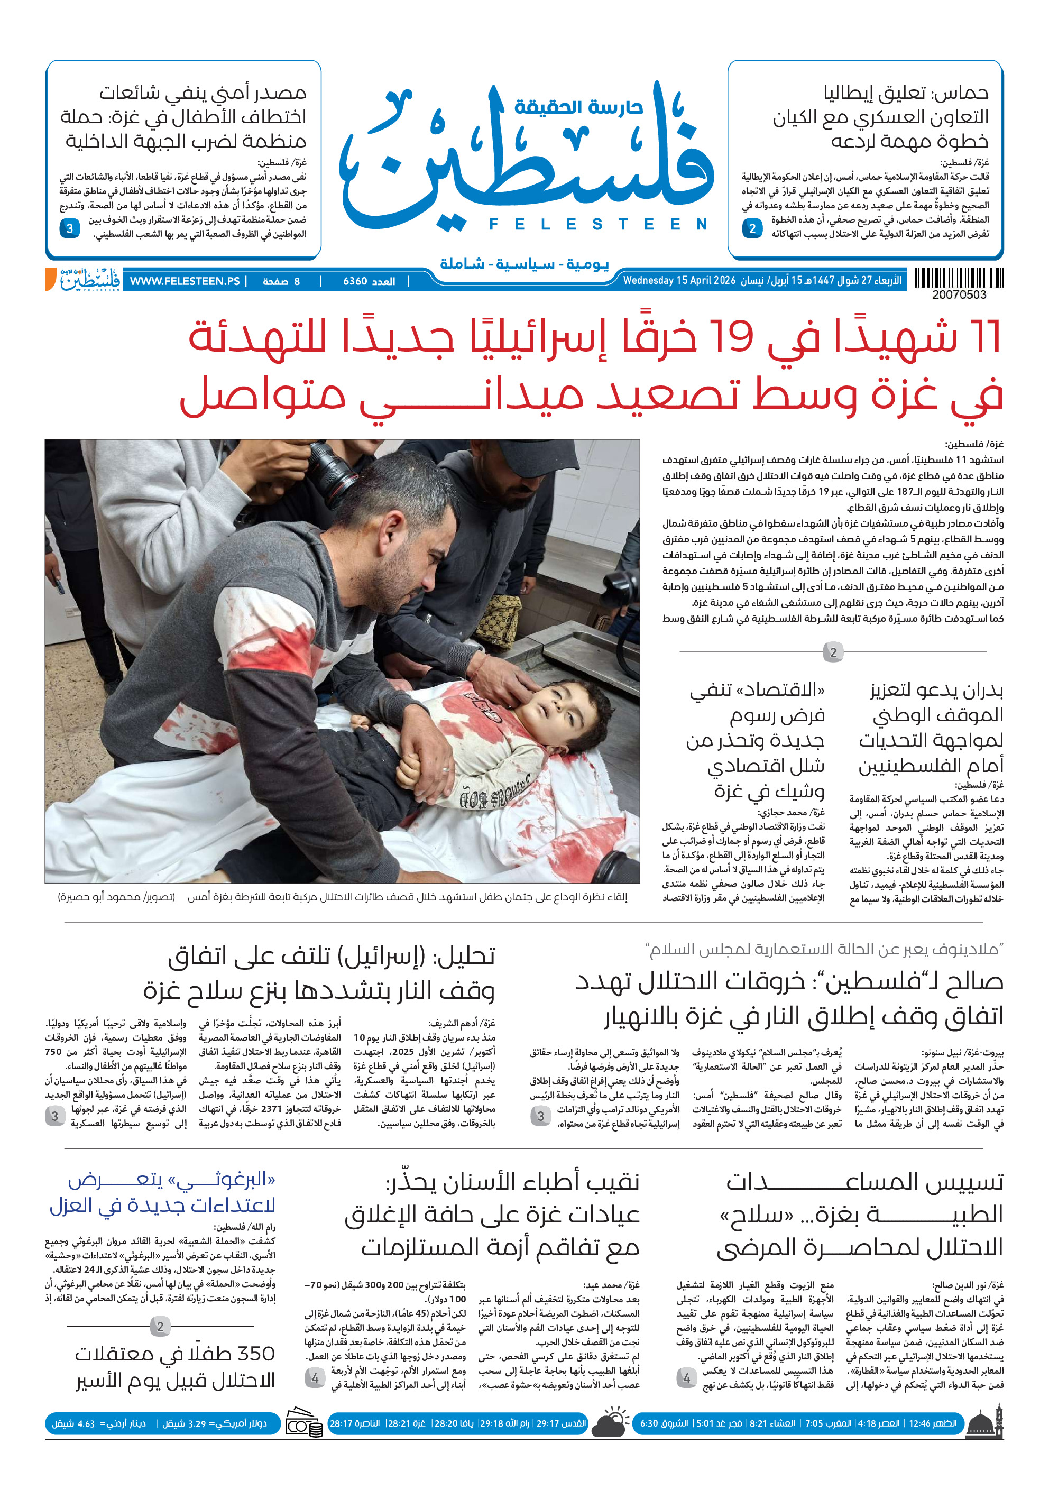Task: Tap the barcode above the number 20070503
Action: [958, 278]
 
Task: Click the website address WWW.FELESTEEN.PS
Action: [185, 281]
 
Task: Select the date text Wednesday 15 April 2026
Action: [679, 281]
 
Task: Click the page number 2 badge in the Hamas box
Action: [752, 228]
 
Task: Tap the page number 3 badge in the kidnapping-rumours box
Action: [69, 228]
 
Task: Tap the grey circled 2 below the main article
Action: [832, 652]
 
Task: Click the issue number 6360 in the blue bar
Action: [355, 281]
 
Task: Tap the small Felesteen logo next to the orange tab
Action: [89, 279]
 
